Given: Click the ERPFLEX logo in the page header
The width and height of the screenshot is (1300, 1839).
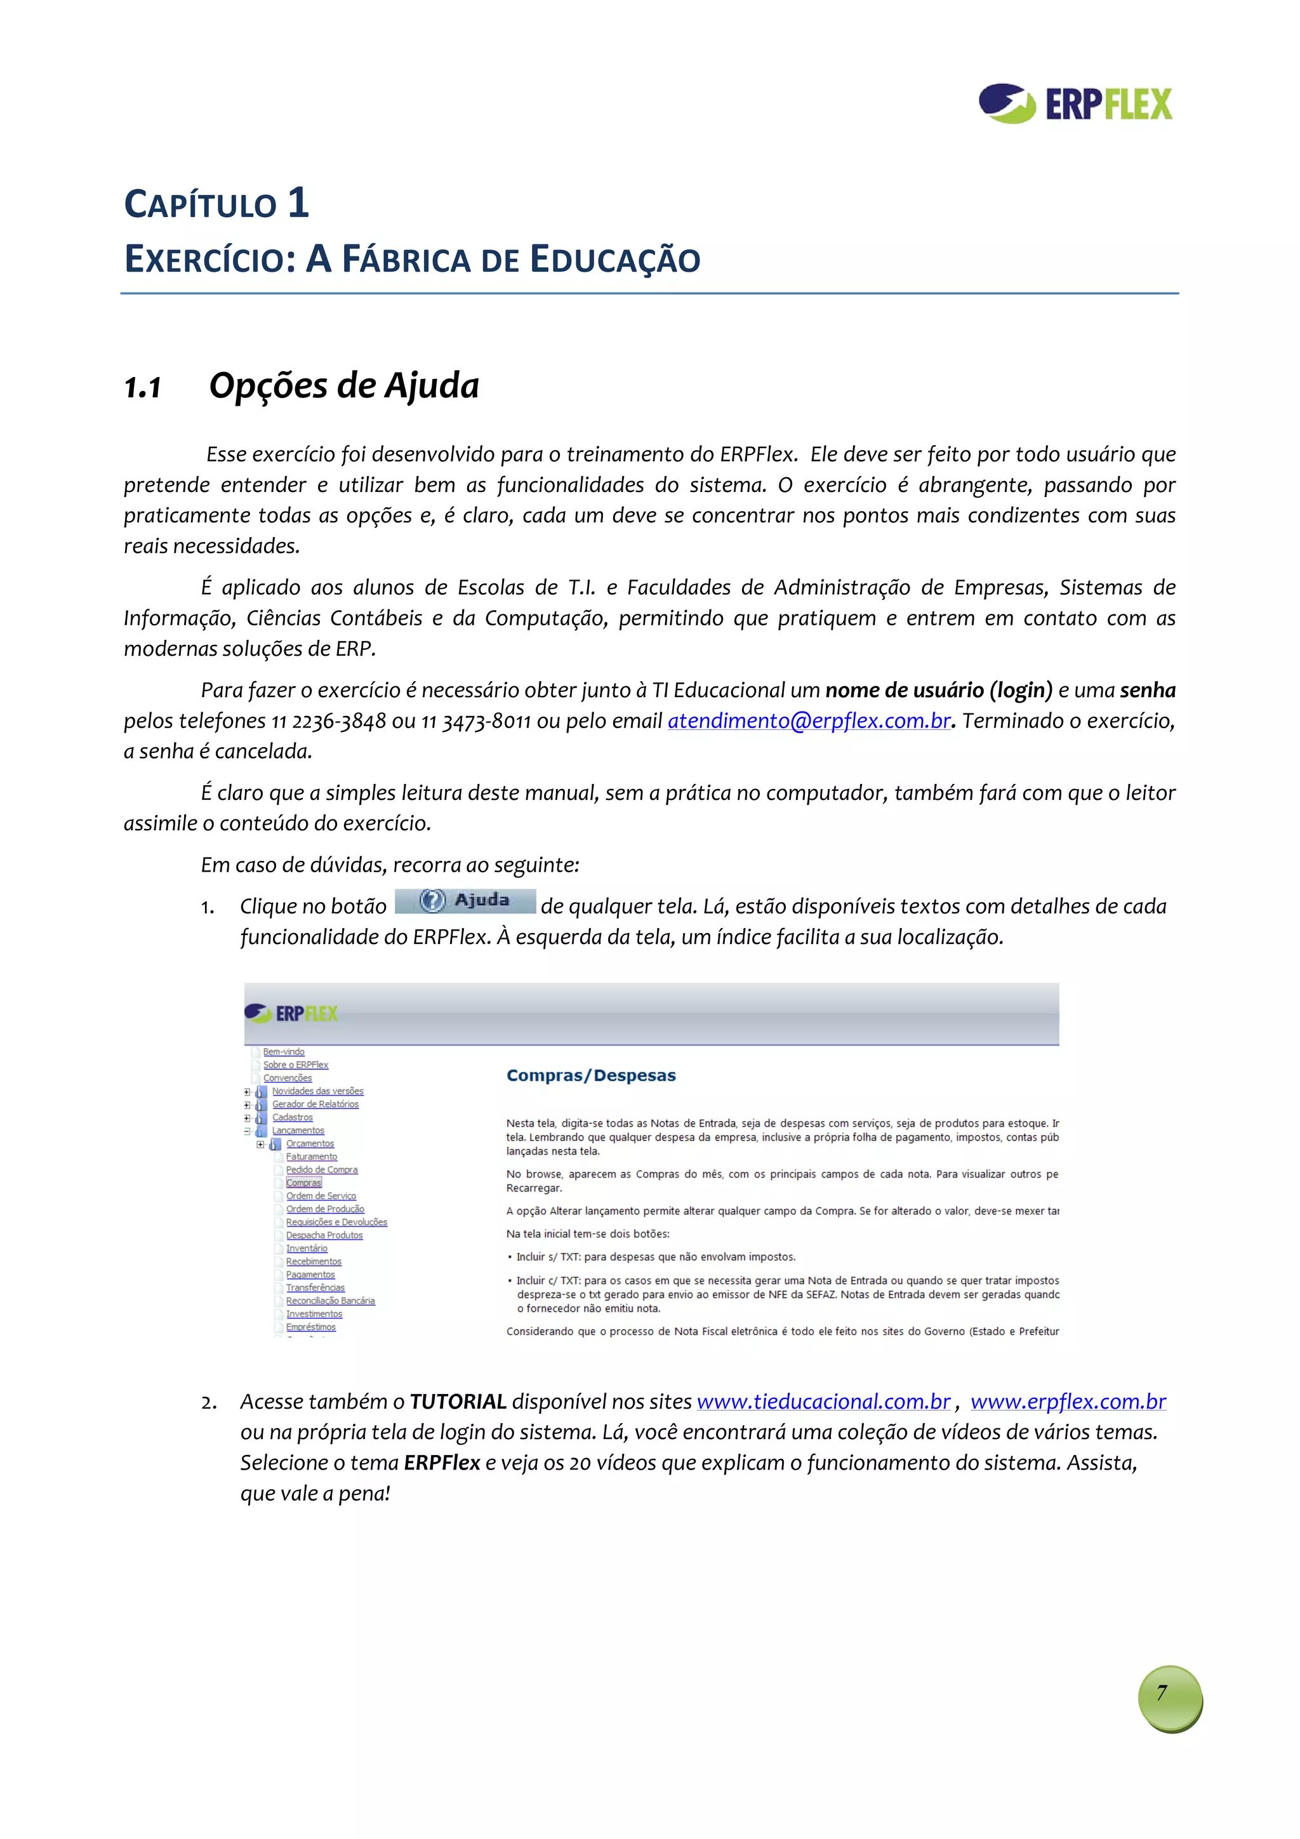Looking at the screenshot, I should pyautogui.click(x=1075, y=104).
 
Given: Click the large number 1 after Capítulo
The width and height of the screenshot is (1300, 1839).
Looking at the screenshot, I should pyautogui.click(x=298, y=202).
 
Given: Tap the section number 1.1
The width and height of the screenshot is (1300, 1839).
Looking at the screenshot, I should pyautogui.click(x=143, y=388).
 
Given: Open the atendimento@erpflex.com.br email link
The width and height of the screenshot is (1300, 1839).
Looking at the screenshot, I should pyautogui.click(x=809, y=721).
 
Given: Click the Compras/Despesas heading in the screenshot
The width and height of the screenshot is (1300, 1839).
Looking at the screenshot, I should pyautogui.click(x=591, y=1076).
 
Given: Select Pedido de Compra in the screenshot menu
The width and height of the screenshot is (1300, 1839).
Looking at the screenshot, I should pyautogui.click(x=321, y=1169).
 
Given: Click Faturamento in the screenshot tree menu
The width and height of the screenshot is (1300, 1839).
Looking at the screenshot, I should pyautogui.click(x=312, y=1157).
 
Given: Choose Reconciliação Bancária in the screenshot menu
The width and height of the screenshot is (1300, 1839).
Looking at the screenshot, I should pyautogui.click(x=330, y=1301).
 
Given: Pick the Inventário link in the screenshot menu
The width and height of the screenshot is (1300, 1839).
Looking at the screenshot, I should pyautogui.click(x=307, y=1248).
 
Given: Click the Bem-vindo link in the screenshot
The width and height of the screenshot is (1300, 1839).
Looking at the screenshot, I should pyautogui.click(x=284, y=1052).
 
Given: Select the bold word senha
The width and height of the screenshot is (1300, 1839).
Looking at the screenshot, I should pyautogui.click(x=1147, y=691).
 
